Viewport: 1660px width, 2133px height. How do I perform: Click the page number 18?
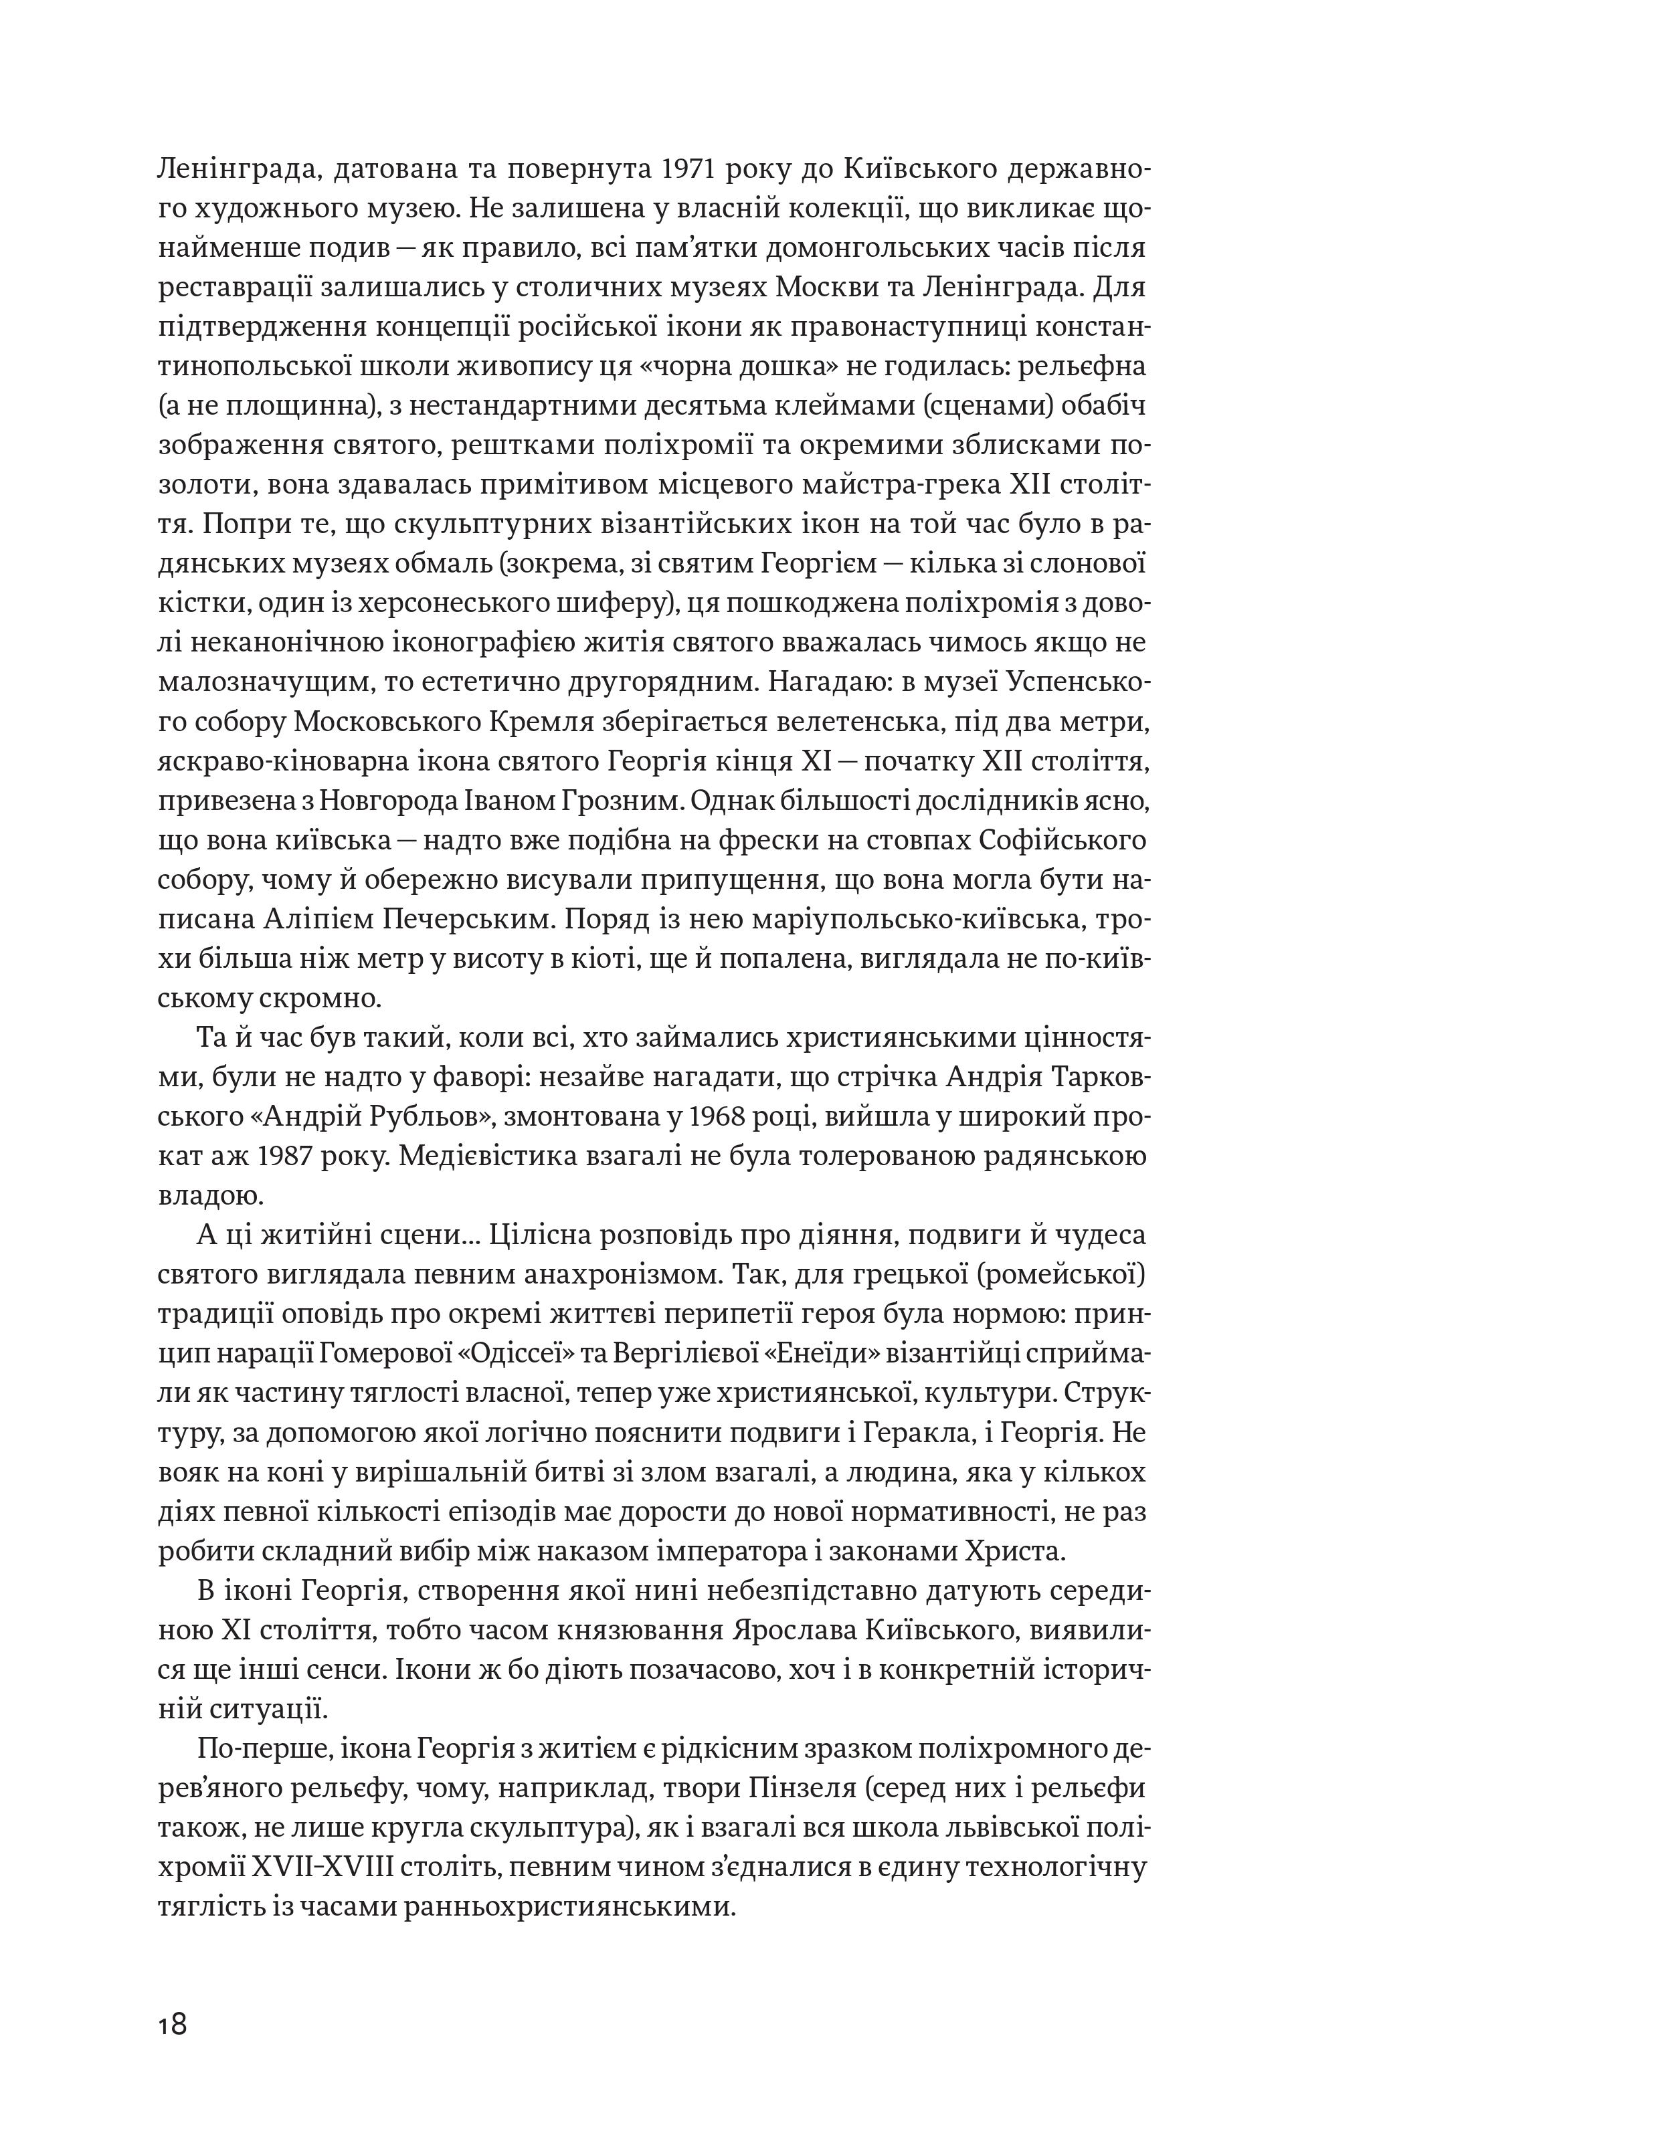point(172,2023)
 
